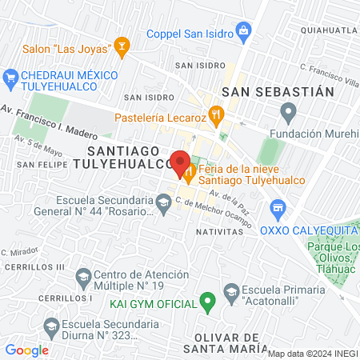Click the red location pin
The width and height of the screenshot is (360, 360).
pyautogui.click(x=180, y=159)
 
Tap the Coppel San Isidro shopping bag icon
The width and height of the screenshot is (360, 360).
pyautogui.click(x=244, y=34)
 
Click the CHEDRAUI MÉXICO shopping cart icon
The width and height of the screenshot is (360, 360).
pyautogui.click(x=10, y=78)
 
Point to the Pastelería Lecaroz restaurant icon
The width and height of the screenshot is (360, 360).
pyautogui.click(x=214, y=115)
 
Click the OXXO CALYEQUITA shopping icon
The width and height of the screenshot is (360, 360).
pyautogui.click(x=278, y=210)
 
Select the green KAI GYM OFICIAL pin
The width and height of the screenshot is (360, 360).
pyautogui.click(x=207, y=302)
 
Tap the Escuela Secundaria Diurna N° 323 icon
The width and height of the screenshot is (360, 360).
pyautogui.click(x=51, y=326)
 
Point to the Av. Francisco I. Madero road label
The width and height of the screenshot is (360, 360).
pyautogui.click(x=48, y=118)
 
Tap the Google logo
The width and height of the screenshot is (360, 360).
pyautogui.click(x=26, y=350)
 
